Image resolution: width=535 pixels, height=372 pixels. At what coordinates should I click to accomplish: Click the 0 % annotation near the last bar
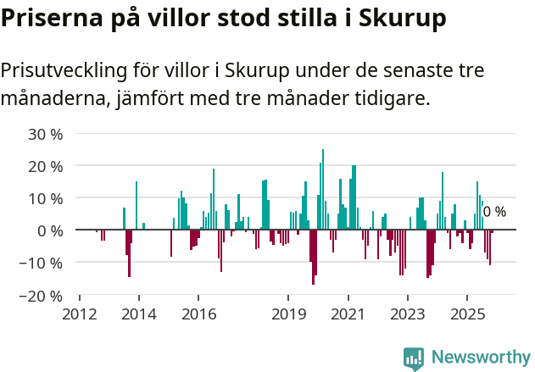pyautogui.click(x=494, y=212)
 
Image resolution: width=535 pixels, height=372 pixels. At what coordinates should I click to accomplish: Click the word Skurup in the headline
pyautogui.click(x=401, y=18)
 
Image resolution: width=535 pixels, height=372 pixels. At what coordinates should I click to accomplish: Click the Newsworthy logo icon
pyautogui.click(x=414, y=358)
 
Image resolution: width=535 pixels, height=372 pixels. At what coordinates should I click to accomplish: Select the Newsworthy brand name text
pyautogui.click(x=480, y=358)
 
